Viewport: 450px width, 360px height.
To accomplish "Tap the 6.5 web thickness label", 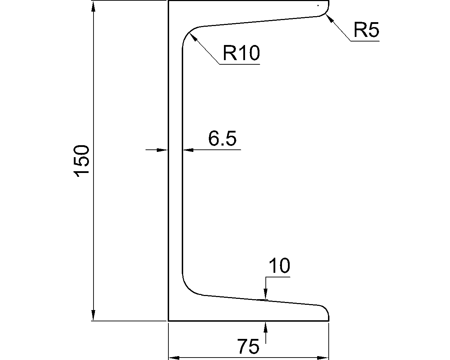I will pos(222,139).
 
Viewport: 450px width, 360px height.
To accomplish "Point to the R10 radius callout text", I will pos(241,53).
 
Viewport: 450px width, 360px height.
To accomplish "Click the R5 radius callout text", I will pos(366,30).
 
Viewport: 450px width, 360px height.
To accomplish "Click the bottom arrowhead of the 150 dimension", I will pos(93,315).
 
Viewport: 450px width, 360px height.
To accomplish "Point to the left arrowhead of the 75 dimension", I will pos(174,358).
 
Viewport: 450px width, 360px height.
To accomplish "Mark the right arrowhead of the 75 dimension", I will pos(323,358).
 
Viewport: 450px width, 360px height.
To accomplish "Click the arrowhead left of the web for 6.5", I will pos(162,150).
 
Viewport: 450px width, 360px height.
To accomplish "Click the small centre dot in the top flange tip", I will pos(318,5).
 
